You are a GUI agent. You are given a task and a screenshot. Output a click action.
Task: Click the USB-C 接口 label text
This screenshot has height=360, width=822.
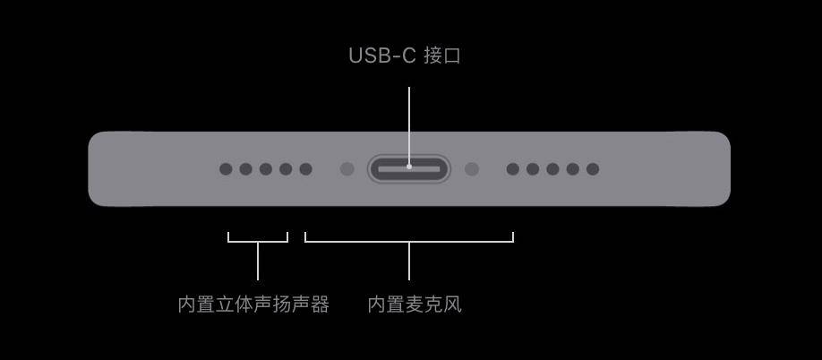pyautogui.click(x=405, y=56)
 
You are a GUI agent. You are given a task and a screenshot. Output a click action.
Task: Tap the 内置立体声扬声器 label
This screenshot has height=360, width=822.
pyautogui.click(x=253, y=304)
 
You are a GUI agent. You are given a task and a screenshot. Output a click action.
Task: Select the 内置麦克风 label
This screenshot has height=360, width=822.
pyautogui.click(x=415, y=304)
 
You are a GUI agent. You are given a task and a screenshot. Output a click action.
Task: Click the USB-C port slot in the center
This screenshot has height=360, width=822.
pyautogui.click(x=409, y=168)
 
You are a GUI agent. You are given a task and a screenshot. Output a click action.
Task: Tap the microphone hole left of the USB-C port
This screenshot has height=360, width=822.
pyautogui.click(x=347, y=168)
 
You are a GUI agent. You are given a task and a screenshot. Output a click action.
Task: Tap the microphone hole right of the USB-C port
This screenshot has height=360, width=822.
pyautogui.click(x=472, y=168)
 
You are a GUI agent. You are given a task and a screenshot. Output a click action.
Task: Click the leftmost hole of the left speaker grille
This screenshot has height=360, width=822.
pyautogui.click(x=226, y=168)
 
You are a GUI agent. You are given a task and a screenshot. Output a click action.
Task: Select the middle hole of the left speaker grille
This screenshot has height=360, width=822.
pyautogui.click(x=266, y=168)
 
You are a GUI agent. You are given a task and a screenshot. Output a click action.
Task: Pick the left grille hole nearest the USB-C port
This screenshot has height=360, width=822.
pyautogui.click(x=305, y=168)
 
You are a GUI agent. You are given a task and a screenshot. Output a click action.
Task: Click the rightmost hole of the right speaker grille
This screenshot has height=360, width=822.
pyautogui.click(x=593, y=168)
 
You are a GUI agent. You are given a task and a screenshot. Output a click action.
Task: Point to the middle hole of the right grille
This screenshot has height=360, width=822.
pyautogui.click(x=552, y=168)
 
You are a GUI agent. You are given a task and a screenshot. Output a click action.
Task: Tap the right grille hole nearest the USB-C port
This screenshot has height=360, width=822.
pyautogui.click(x=513, y=168)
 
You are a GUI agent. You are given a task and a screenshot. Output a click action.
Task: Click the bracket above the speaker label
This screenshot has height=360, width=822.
pyautogui.click(x=258, y=242)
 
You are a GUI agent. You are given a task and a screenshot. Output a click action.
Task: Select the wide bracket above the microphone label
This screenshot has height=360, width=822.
pyautogui.click(x=409, y=242)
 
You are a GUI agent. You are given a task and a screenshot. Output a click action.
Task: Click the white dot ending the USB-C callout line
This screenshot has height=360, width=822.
pyautogui.click(x=409, y=167)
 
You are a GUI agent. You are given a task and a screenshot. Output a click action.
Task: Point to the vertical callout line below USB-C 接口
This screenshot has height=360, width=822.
pyautogui.click(x=409, y=125)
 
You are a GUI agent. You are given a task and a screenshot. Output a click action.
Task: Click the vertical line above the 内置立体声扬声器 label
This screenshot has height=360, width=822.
pyautogui.click(x=257, y=261)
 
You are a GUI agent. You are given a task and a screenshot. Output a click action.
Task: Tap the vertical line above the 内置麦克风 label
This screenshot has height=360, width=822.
pyautogui.click(x=409, y=261)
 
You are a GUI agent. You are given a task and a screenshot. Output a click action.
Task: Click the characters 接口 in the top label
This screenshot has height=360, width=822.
pyautogui.click(x=442, y=56)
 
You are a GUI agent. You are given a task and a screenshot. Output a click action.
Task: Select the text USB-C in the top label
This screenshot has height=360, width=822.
pyautogui.click(x=382, y=56)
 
